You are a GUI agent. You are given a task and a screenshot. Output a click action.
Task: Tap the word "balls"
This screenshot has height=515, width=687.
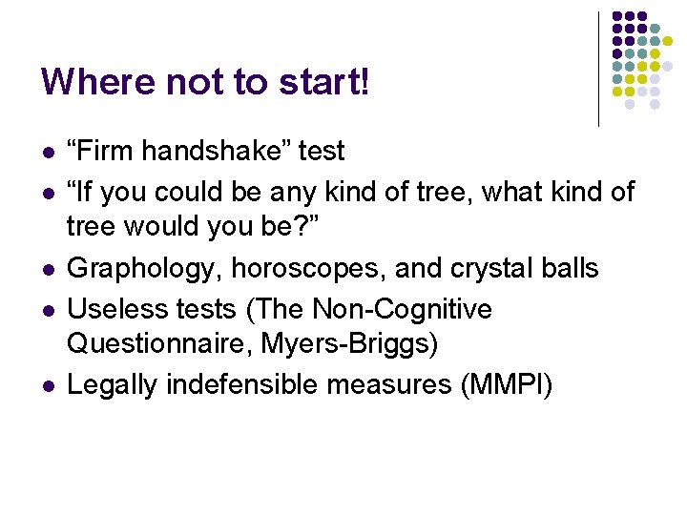[573, 269]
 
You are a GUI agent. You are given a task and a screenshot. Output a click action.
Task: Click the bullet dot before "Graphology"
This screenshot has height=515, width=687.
[47, 270]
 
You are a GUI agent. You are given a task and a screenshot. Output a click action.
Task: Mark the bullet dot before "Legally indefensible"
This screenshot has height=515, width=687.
[47, 385]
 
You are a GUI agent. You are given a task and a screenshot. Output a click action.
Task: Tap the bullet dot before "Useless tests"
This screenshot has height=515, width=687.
[47, 310]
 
